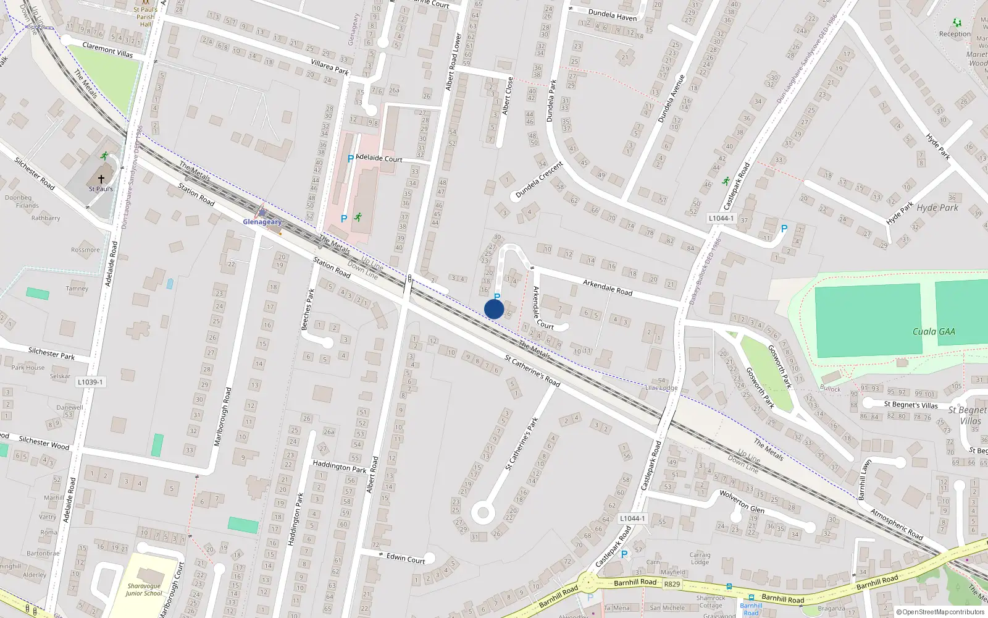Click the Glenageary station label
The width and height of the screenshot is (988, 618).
click(262, 222)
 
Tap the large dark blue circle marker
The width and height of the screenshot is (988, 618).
click(494, 309)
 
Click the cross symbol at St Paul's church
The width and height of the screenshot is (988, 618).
click(101, 179)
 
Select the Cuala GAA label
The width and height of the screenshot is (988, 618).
click(934, 332)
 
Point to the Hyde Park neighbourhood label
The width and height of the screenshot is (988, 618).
click(937, 208)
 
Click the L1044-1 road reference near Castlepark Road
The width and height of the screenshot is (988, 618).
click(721, 218)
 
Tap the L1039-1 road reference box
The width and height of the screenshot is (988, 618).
click(90, 382)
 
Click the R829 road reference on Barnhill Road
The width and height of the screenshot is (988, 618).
click(672, 584)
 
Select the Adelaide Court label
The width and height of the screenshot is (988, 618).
click(379, 158)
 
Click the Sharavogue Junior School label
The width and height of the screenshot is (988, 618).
click(144, 590)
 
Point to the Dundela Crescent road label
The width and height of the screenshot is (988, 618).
click(539, 180)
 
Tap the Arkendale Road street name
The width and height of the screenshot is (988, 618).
click(608, 287)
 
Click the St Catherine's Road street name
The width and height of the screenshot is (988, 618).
click(532, 371)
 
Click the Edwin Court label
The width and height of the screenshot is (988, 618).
click(406, 558)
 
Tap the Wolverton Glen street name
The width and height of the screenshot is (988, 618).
click(742, 502)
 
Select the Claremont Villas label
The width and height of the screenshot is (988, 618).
click(107, 49)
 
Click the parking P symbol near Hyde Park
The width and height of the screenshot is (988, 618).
click(784, 229)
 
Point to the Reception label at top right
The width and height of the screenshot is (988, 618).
click(955, 34)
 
